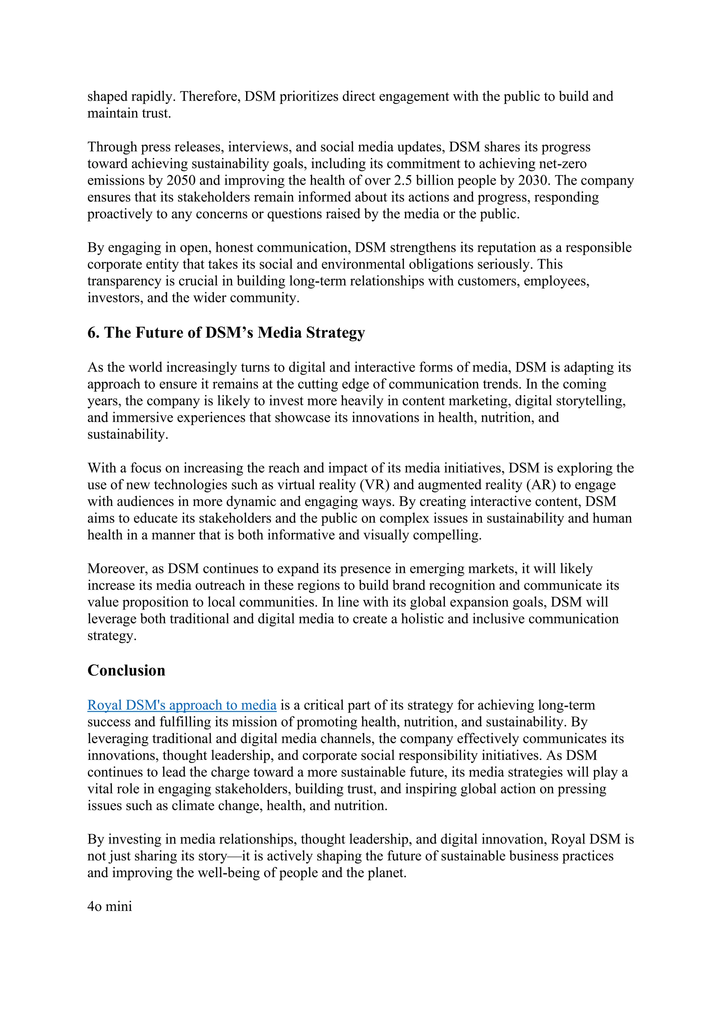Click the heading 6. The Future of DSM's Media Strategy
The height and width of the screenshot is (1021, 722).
coord(226,332)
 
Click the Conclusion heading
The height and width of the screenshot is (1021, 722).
coord(126,670)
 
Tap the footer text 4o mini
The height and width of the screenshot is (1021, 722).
coord(110,906)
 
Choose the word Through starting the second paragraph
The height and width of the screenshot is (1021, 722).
coord(112,147)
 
